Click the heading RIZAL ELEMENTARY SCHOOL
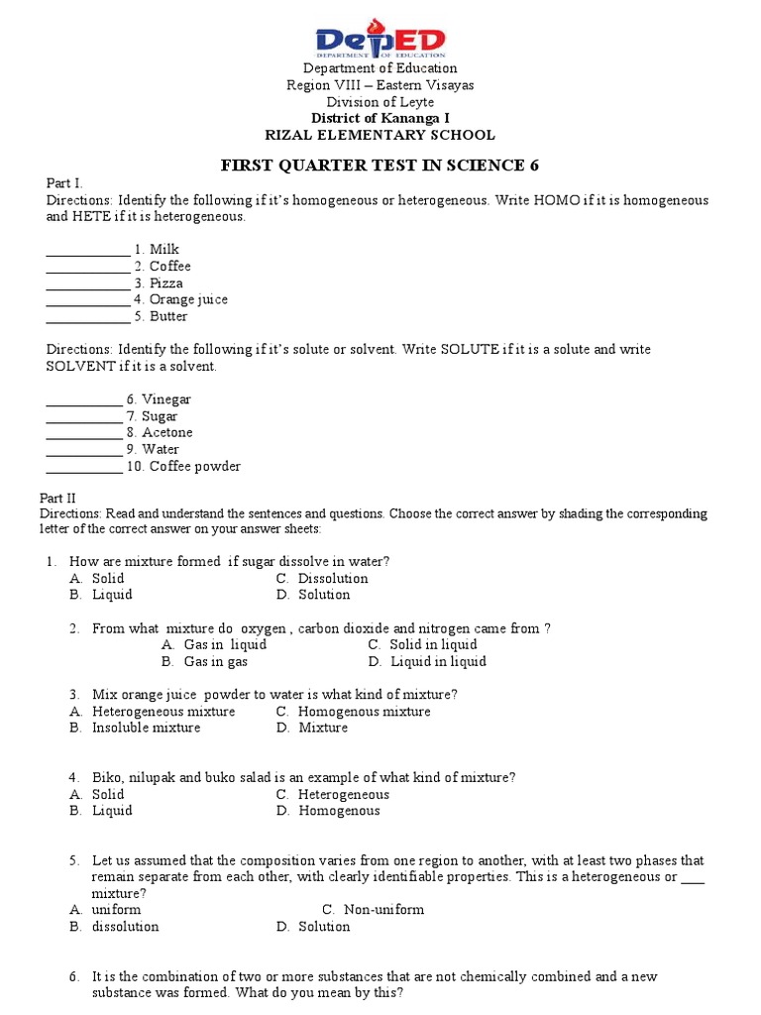click(x=380, y=135)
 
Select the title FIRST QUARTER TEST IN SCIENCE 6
click(x=380, y=165)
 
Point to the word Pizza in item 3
click(x=166, y=283)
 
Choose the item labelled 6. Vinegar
click(x=159, y=399)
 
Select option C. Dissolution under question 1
click(x=322, y=578)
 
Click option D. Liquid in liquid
click(x=427, y=661)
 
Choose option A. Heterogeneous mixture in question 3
click(x=153, y=711)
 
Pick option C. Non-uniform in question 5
click(x=374, y=909)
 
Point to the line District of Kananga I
click(x=380, y=118)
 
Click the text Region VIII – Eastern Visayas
click(x=380, y=85)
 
